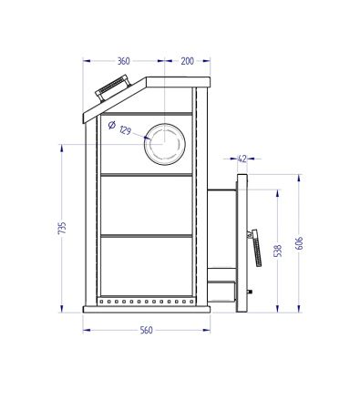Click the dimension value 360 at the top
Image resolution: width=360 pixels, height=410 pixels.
coord(124,61)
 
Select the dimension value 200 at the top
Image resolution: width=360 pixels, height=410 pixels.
coord(187,61)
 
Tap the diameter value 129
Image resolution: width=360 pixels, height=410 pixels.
coord(126,132)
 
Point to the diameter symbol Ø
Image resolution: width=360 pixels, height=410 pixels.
coord(111,126)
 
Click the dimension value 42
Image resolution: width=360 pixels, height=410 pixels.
coord(242,159)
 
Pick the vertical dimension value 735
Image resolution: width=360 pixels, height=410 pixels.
coord(62,229)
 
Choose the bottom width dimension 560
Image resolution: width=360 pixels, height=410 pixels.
coord(146,330)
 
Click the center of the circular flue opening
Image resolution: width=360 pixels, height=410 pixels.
coord(166,145)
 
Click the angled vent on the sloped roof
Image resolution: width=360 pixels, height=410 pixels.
coord(114,89)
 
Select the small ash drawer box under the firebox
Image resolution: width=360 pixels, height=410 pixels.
coord(221,292)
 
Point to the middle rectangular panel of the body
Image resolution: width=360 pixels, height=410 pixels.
coord(146,204)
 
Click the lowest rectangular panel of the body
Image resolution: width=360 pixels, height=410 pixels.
coord(146,265)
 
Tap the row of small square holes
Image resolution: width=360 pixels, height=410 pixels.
coord(146,301)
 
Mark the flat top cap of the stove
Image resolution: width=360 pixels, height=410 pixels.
coord(178,82)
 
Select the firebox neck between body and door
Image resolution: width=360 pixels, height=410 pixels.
coord(221,229)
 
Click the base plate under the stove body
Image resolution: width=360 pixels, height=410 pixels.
coord(146,309)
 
